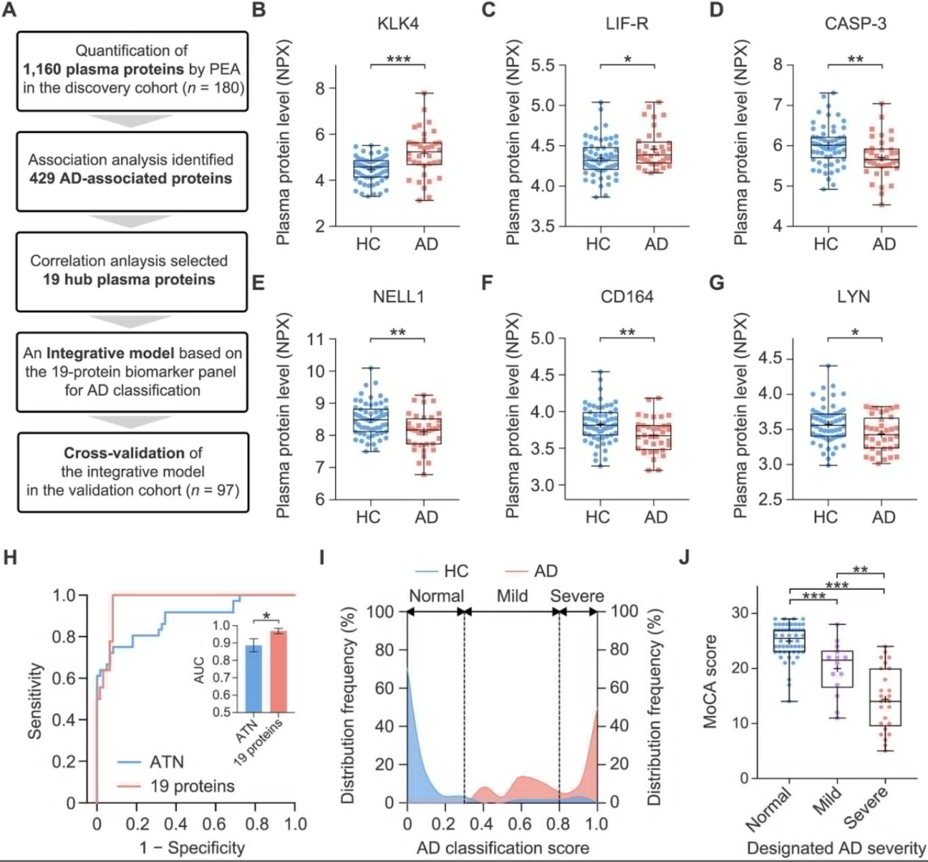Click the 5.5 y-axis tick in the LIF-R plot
pyautogui.click(x=510, y=64)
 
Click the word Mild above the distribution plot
pyautogui.click(x=510, y=596)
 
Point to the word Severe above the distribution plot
pyautogui.click(x=577, y=596)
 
